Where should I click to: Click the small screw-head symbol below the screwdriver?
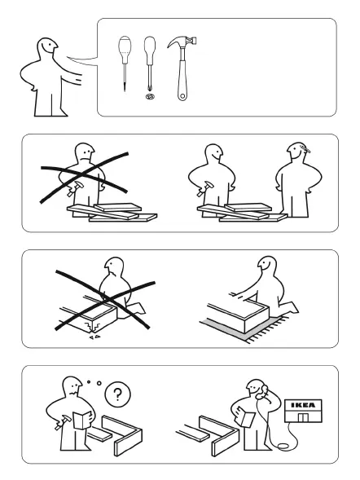point(150,96)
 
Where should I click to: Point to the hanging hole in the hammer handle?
point(182,96)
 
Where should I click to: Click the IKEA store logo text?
point(303,405)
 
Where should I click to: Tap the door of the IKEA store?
point(304,417)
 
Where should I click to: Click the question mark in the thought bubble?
point(117,394)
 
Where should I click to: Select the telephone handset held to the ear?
point(262,392)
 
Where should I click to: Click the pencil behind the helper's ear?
point(305,149)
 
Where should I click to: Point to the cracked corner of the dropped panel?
point(93,326)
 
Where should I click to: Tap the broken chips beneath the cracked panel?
point(94,337)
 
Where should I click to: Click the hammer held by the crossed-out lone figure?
point(74,188)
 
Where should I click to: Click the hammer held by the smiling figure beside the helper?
point(204,188)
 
